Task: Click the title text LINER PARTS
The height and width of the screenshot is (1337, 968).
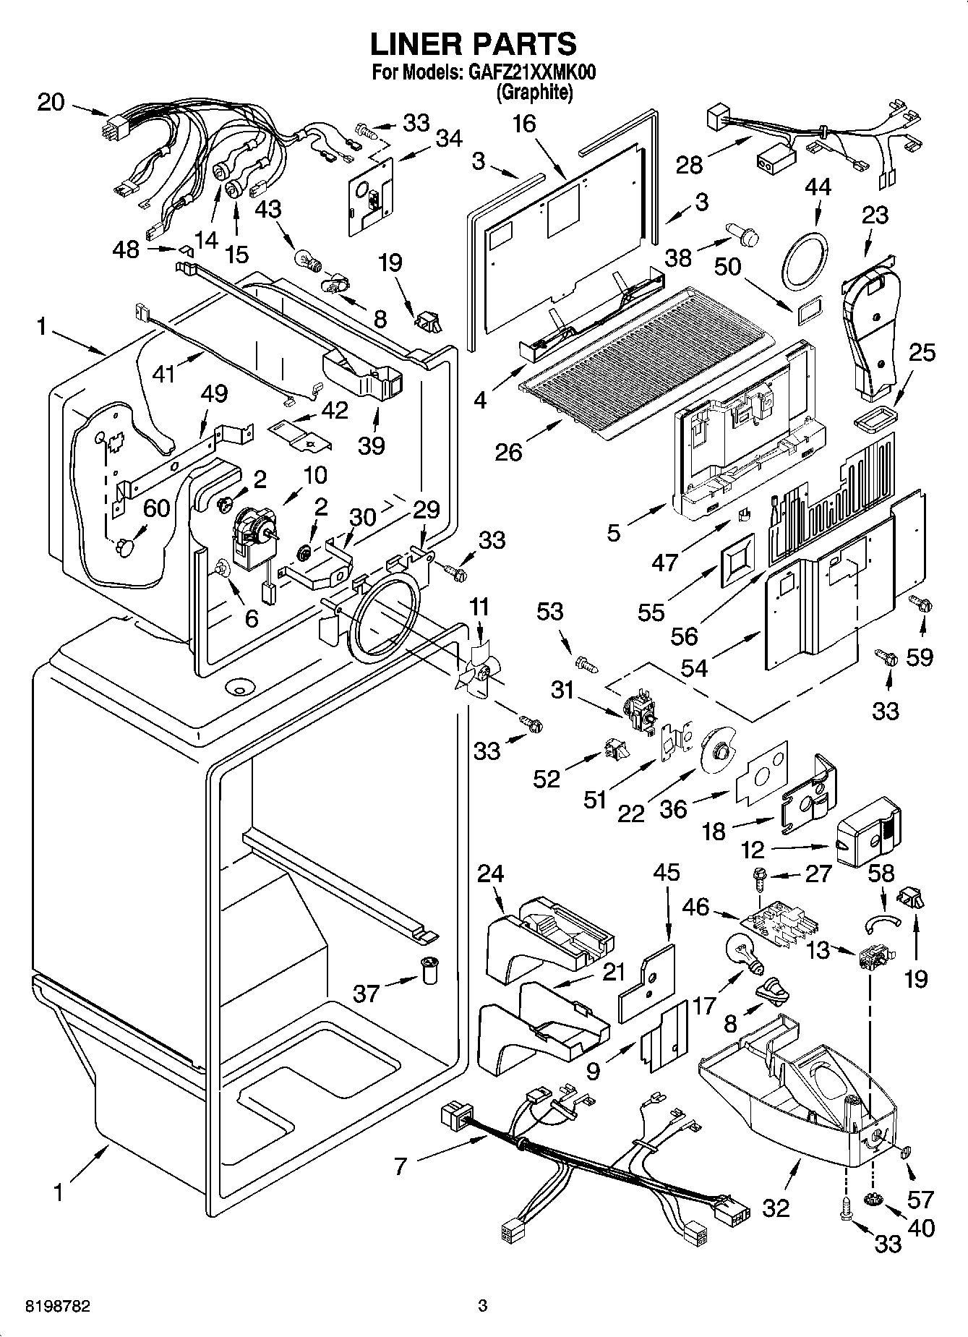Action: click(x=474, y=44)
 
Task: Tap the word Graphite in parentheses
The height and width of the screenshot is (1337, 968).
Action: click(x=535, y=92)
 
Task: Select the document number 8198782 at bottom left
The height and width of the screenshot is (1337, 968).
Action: click(x=58, y=1306)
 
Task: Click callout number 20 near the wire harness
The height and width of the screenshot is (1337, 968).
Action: click(x=51, y=103)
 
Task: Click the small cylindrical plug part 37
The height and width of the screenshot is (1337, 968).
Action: click(x=430, y=969)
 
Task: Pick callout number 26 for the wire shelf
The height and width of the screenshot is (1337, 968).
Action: click(x=508, y=453)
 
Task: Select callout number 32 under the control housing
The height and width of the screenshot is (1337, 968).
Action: click(x=776, y=1208)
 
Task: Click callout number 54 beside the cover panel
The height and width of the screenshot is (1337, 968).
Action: click(x=694, y=667)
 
